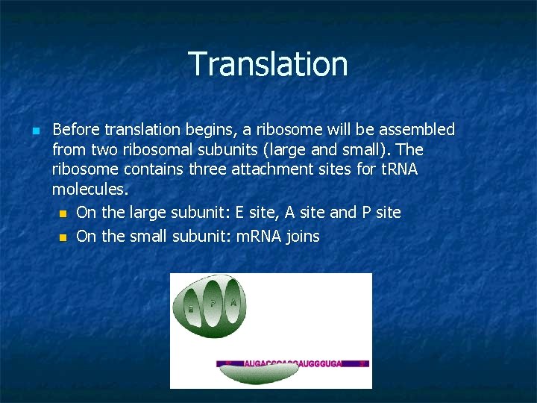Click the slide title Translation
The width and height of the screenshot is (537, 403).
coord(268,64)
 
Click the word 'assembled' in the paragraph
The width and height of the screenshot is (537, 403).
coord(417,130)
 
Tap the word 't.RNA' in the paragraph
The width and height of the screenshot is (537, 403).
coord(399,169)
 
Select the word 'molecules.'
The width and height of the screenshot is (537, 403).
coord(90,190)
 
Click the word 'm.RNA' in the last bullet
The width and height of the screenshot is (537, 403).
coord(261,237)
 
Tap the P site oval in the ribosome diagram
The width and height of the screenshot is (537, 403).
coord(213,303)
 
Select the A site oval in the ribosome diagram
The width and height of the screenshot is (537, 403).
coord(233,303)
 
